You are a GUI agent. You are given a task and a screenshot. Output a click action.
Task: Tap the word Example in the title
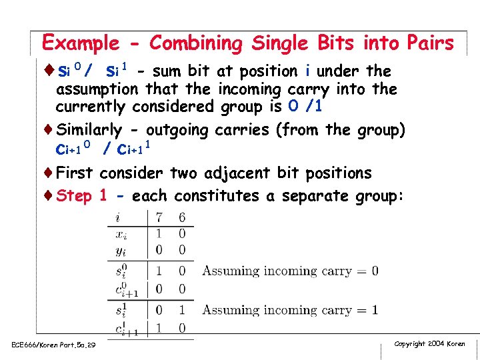[x=80, y=44]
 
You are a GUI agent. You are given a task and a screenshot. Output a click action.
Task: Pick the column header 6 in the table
[x=182, y=217]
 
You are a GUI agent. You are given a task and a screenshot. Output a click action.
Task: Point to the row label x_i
[x=121, y=234]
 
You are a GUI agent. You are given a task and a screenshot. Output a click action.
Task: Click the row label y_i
[x=121, y=250]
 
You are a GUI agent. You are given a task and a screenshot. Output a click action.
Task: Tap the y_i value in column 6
[x=182, y=250]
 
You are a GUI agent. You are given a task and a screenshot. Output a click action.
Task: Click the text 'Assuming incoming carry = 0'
[x=290, y=271]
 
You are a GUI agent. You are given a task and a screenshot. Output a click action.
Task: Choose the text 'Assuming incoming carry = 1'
[x=290, y=310]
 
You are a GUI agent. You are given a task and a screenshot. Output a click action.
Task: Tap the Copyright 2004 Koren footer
[x=429, y=344]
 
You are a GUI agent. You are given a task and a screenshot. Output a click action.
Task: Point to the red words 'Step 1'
[x=81, y=196]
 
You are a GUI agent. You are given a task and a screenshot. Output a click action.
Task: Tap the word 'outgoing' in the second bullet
[x=178, y=130]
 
